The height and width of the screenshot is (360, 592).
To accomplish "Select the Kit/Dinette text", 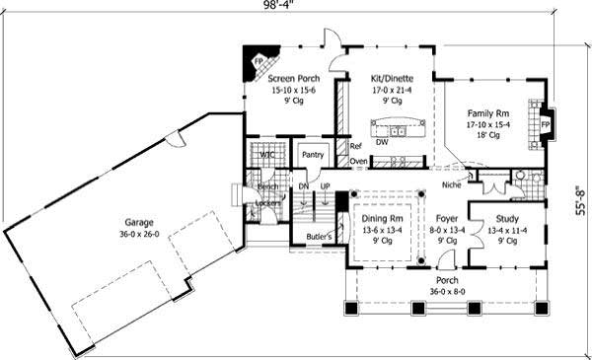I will [391, 76].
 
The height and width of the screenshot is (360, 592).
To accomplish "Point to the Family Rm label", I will [488, 112].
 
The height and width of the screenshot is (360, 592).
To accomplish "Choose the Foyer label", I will [446, 219].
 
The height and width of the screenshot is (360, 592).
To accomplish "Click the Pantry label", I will [313, 155].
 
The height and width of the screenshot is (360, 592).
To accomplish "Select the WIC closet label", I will [264, 155].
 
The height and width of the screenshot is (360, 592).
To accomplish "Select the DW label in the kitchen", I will [381, 142].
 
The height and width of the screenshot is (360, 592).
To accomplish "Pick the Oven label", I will [358, 161].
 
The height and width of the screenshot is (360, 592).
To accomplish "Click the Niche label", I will [454, 182].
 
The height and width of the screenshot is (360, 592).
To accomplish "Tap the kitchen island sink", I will [401, 129].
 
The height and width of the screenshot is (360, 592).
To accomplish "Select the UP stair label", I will [325, 185].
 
